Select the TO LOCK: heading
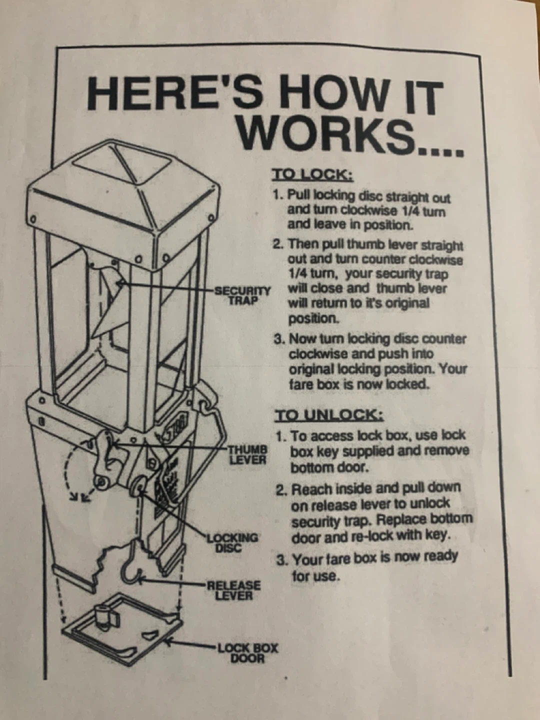(x=313, y=174)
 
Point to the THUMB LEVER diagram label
(x=248, y=454)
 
